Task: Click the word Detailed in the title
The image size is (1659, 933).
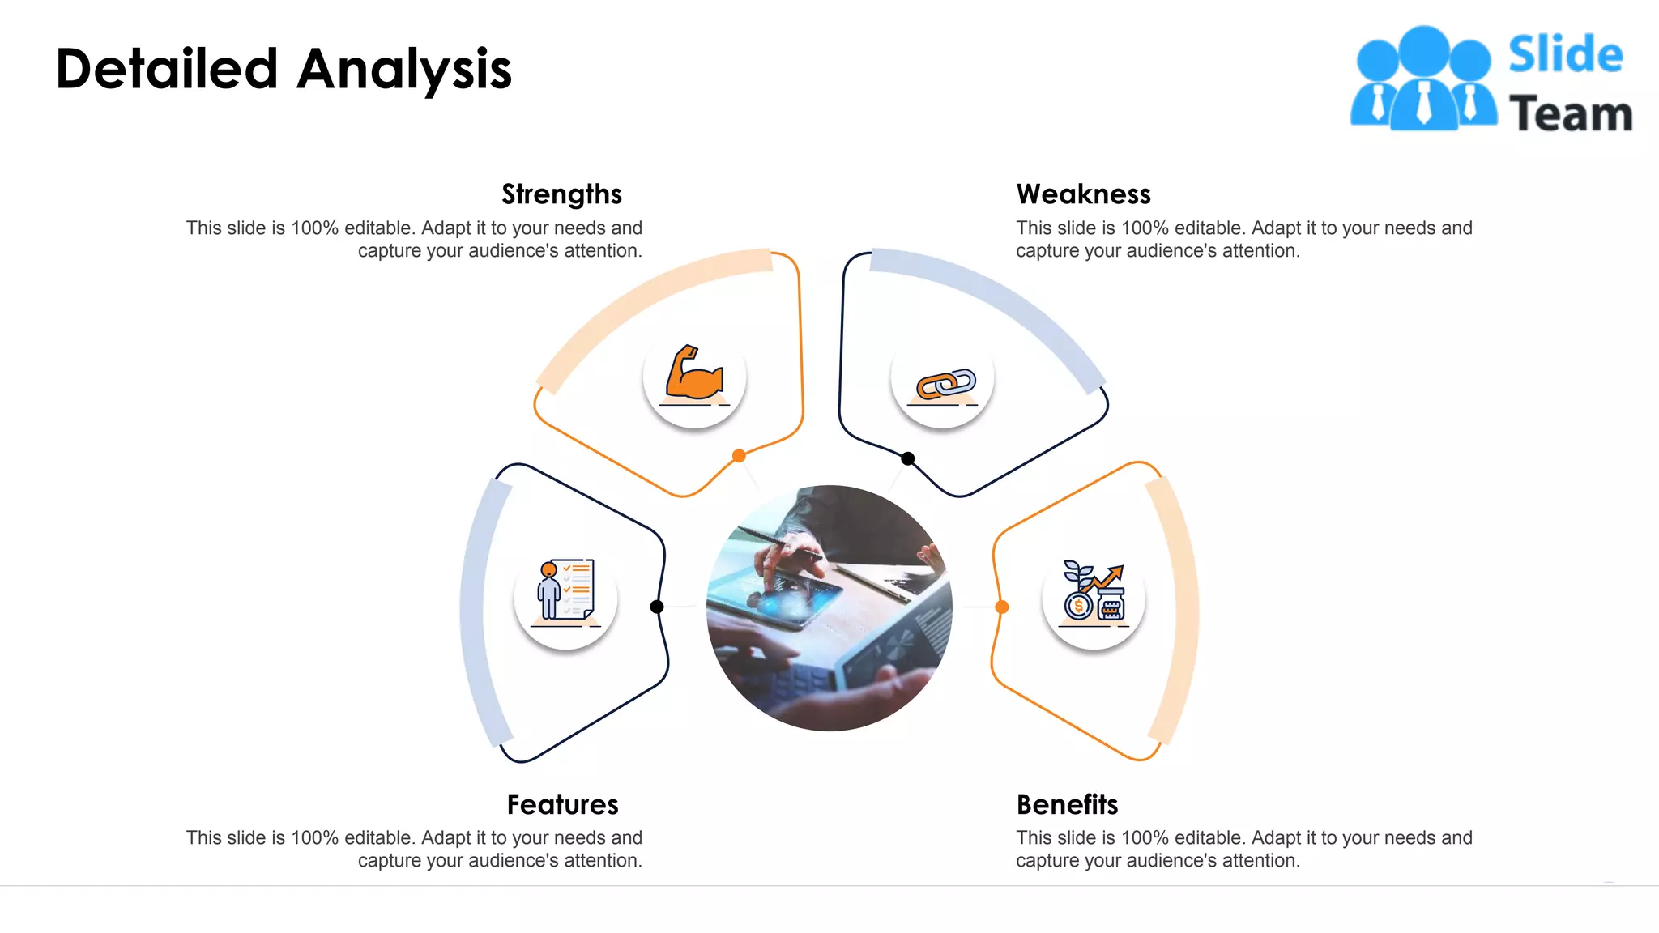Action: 167,69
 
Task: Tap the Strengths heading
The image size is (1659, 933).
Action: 561,194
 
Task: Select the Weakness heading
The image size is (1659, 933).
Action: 1083,194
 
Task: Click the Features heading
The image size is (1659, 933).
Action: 562,804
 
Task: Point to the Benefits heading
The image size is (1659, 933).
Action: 1067,804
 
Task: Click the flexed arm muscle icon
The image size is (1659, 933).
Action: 694,375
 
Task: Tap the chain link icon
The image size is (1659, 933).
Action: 944,384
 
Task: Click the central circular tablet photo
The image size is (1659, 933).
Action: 829,607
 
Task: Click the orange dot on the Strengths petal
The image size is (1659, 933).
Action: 739,456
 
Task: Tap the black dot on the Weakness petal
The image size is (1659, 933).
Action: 908,458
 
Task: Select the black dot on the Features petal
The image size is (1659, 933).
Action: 657,607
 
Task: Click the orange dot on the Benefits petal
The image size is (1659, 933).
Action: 1002,607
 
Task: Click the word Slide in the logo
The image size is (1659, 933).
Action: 1565,55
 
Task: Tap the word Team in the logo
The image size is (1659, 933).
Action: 1570,113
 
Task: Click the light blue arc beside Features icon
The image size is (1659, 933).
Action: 473,607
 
